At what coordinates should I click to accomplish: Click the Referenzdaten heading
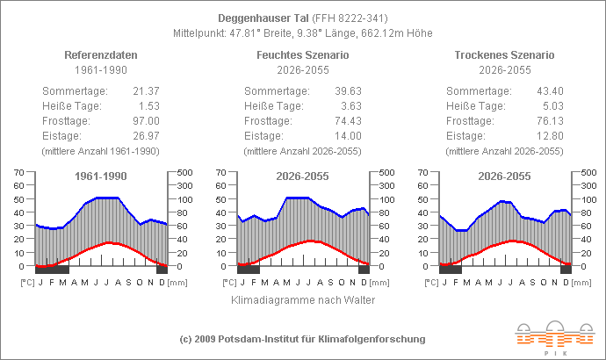(x=100, y=54)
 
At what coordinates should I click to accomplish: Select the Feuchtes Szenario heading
(x=302, y=54)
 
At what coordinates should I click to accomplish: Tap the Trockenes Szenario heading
(x=504, y=54)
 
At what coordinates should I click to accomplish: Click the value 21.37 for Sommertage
(x=145, y=91)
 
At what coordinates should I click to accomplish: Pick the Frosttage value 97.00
(x=145, y=121)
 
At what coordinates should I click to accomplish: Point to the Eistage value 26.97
(x=145, y=136)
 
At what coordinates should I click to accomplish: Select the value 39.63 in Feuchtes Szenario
(x=347, y=91)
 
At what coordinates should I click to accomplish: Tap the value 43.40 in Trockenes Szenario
(x=549, y=91)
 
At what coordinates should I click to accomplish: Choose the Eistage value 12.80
(x=549, y=136)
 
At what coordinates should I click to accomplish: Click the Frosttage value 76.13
(x=549, y=121)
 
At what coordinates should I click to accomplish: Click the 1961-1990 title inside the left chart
(x=100, y=176)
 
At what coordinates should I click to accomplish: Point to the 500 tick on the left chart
(x=185, y=172)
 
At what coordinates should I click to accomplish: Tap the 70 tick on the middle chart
(x=220, y=172)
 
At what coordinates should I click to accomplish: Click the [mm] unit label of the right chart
(x=581, y=283)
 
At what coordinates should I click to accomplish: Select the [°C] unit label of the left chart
(x=25, y=283)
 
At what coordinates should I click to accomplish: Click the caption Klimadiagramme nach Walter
(x=302, y=300)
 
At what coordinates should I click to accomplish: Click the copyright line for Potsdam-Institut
(x=302, y=339)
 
